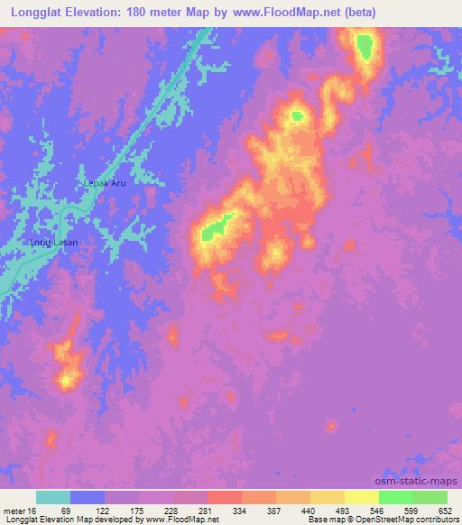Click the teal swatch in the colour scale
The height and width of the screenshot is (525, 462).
pyautogui.click(x=52, y=497)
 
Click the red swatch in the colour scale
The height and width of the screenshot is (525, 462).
pyautogui.click(x=224, y=497)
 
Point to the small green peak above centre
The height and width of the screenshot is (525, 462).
pyautogui.click(x=297, y=115)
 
